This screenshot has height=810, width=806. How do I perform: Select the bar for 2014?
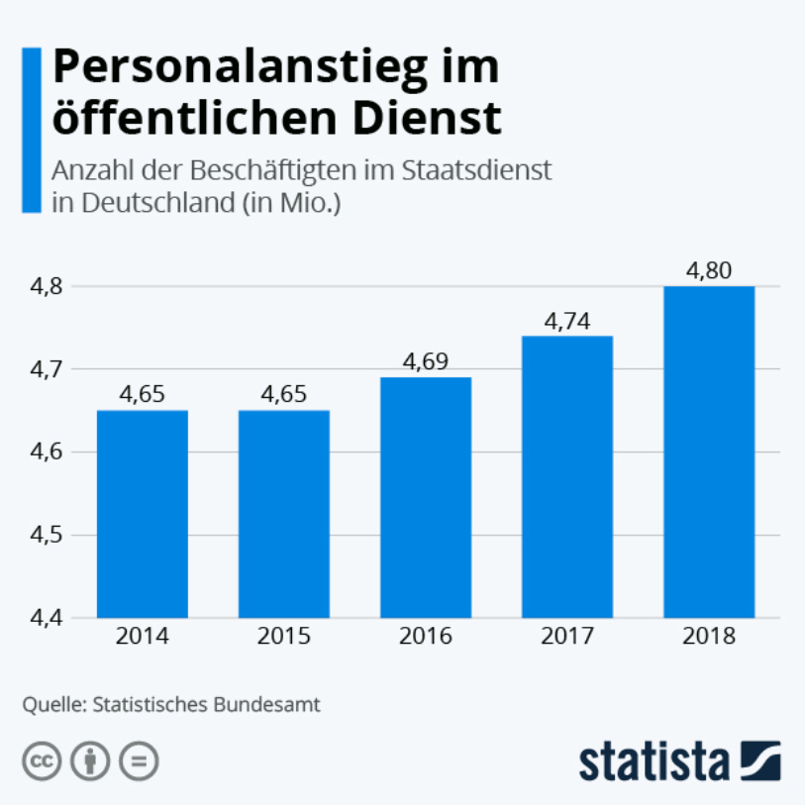click(x=143, y=514)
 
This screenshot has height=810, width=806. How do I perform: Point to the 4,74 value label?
click(x=567, y=321)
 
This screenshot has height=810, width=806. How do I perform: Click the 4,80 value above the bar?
click(x=709, y=270)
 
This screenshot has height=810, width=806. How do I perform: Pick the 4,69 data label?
click(x=426, y=362)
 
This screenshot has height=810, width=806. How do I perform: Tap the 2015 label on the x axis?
click(x=284, y=637)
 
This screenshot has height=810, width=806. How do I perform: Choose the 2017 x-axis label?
click(x=567, y=637)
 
